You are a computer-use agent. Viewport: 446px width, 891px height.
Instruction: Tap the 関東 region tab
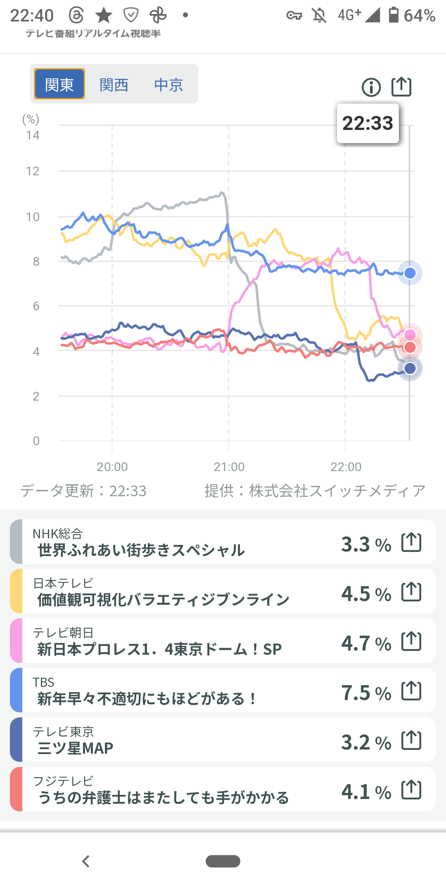(59, 84)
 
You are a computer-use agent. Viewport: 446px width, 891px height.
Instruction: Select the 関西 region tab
(114, 85)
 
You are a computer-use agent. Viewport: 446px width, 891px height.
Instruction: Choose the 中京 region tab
(168, 85)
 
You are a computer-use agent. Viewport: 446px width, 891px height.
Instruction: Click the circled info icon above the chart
(371, 87)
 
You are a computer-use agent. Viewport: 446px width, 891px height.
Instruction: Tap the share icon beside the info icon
(401, 87)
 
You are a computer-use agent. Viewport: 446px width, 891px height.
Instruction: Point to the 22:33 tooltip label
(368, 123)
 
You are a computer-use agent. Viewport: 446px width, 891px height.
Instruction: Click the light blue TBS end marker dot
(410, 273)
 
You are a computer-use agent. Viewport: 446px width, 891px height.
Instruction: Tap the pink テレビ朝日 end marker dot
(410, 335)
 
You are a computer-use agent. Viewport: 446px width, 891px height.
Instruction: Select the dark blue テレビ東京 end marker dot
(410, 368)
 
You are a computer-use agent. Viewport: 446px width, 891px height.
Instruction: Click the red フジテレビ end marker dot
(410, 347)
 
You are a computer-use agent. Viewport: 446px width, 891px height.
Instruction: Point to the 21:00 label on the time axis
(229, 467)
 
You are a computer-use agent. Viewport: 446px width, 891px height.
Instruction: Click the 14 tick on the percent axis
(33, 135)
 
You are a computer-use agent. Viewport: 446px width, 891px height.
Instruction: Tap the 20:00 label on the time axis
(112, 467)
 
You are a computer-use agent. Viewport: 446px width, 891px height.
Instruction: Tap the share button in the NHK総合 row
(411, 542)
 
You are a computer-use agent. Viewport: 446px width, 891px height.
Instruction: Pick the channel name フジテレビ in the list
(63, 781)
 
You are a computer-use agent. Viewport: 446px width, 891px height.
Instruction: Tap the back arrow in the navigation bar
(86, 861)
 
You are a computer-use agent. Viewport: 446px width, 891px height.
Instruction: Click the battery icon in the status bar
(394, 15)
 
